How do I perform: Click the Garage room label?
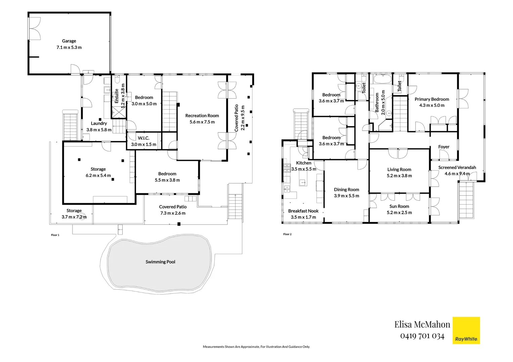coord(69,41)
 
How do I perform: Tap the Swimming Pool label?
coord(160,262)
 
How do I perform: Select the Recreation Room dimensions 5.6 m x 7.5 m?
coord(202,122)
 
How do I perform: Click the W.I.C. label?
coord(143,138)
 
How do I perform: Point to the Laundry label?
coord(99,123)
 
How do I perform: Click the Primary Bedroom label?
coord(432,99)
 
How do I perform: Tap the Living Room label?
coord(399,170)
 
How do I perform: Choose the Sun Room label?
coord(399,206)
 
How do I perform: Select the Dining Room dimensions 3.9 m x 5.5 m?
coord(346,196)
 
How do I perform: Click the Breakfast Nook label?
coord(303,211)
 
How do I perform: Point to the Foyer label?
coord(444,147)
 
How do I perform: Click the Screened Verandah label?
coord(457,168)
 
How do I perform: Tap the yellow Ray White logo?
coord(466,330)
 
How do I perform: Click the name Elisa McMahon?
coord(422,324)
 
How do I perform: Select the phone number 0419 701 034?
coord(422,336)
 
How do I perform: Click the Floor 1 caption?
coord(55,235)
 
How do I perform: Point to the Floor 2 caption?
coord(287,234)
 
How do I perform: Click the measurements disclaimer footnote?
coord(256,347)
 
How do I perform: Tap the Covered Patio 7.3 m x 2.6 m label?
coord(173,210)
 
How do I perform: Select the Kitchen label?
coord(304,163)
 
